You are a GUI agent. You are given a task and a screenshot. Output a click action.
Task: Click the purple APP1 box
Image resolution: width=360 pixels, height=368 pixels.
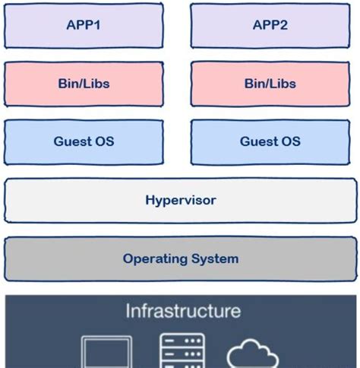click(x=84, y=25)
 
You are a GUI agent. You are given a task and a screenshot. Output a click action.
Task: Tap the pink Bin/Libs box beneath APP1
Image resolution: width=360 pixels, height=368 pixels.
click(x=84, y=83)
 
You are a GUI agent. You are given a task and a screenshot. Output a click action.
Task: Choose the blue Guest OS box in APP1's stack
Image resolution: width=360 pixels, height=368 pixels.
click(x=84, y=141)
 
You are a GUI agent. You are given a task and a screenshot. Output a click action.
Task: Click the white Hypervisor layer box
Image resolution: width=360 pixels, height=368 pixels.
click(x=180, y=201)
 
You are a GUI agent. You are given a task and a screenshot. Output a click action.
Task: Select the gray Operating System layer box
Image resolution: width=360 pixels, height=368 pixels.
click(x=180, y=259)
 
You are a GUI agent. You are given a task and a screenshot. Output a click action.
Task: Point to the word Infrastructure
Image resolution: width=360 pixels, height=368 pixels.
click(x=183, y=311)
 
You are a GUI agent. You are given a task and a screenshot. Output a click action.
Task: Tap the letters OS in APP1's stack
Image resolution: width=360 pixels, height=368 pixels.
click(x=104, y=141)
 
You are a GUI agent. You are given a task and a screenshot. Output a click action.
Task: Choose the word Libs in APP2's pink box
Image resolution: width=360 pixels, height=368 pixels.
click(x=283, y=83)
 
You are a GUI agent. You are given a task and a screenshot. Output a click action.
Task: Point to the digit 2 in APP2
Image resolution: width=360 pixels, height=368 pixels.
click(x=288, y=25)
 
